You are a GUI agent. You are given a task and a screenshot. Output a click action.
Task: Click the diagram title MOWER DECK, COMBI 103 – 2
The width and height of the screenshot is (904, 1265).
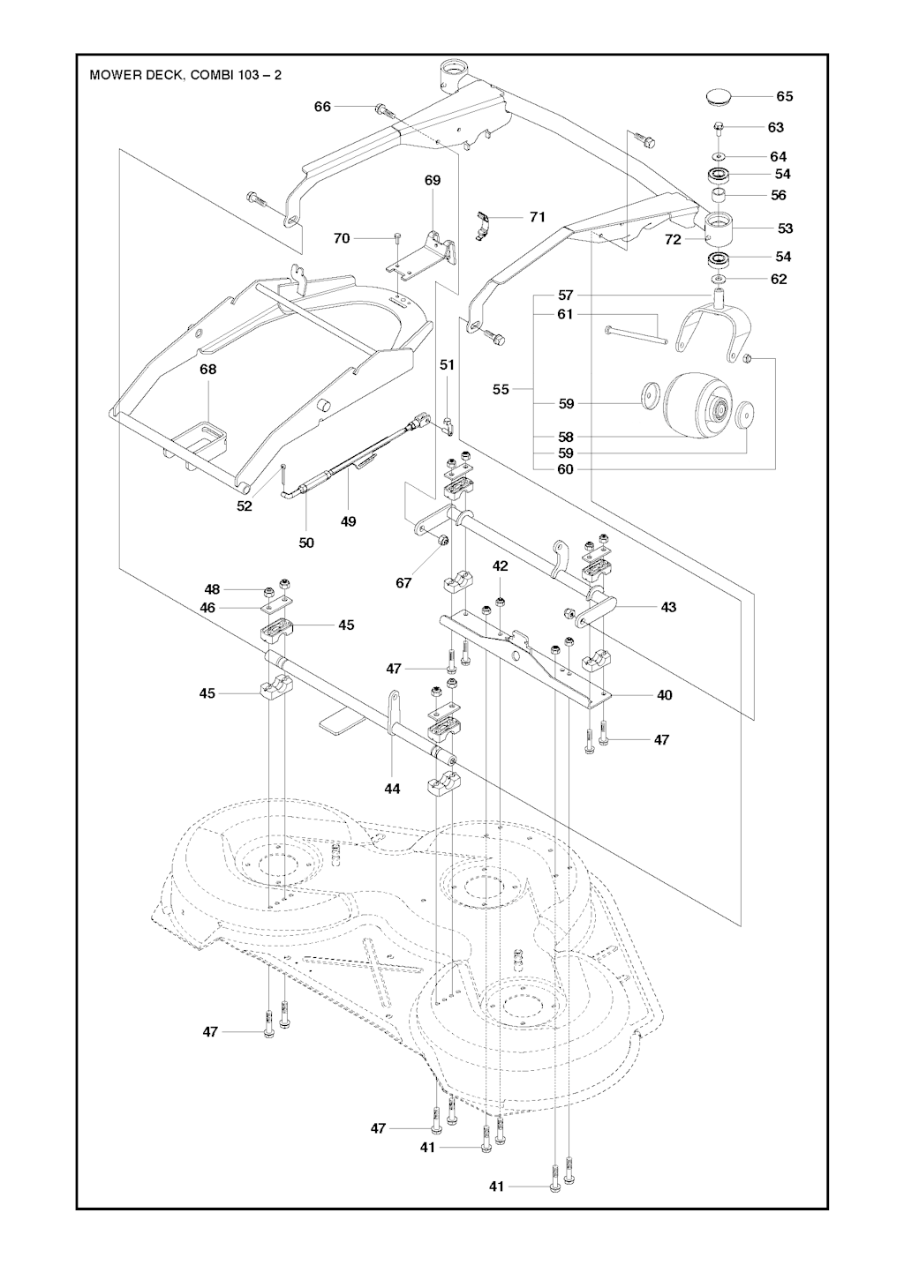(x=186, y=75)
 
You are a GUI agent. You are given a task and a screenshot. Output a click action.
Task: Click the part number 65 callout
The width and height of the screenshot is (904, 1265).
(x=784, y=96)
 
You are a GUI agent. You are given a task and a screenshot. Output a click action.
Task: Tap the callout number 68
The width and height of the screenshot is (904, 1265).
(x=207, y=370)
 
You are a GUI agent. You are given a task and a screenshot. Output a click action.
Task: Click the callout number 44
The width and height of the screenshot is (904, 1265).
(x=392, y=789)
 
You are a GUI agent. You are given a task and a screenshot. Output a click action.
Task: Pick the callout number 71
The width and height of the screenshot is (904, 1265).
(x=538, y=217)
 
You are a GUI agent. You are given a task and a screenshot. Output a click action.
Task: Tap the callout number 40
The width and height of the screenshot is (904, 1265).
(x=665, y=695)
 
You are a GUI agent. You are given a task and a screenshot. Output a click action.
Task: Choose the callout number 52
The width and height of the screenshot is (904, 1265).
(x=245, y=506)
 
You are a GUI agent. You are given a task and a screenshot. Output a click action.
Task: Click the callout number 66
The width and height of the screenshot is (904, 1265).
(x=322, y=107)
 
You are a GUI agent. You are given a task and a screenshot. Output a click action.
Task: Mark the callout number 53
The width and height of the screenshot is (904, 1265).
(x=785, y=228)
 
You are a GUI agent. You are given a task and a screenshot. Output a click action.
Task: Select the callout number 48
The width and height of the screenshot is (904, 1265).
(x=212, y=589)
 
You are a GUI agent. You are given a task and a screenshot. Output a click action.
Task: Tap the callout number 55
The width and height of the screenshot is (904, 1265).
(x=501, y=389)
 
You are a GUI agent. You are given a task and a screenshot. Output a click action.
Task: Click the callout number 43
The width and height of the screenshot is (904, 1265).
(x=668, y=607)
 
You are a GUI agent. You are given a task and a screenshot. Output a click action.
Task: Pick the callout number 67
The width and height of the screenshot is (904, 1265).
(x=403, y=583)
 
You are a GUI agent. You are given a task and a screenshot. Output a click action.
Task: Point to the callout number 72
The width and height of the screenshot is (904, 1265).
(x=673, y=239)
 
